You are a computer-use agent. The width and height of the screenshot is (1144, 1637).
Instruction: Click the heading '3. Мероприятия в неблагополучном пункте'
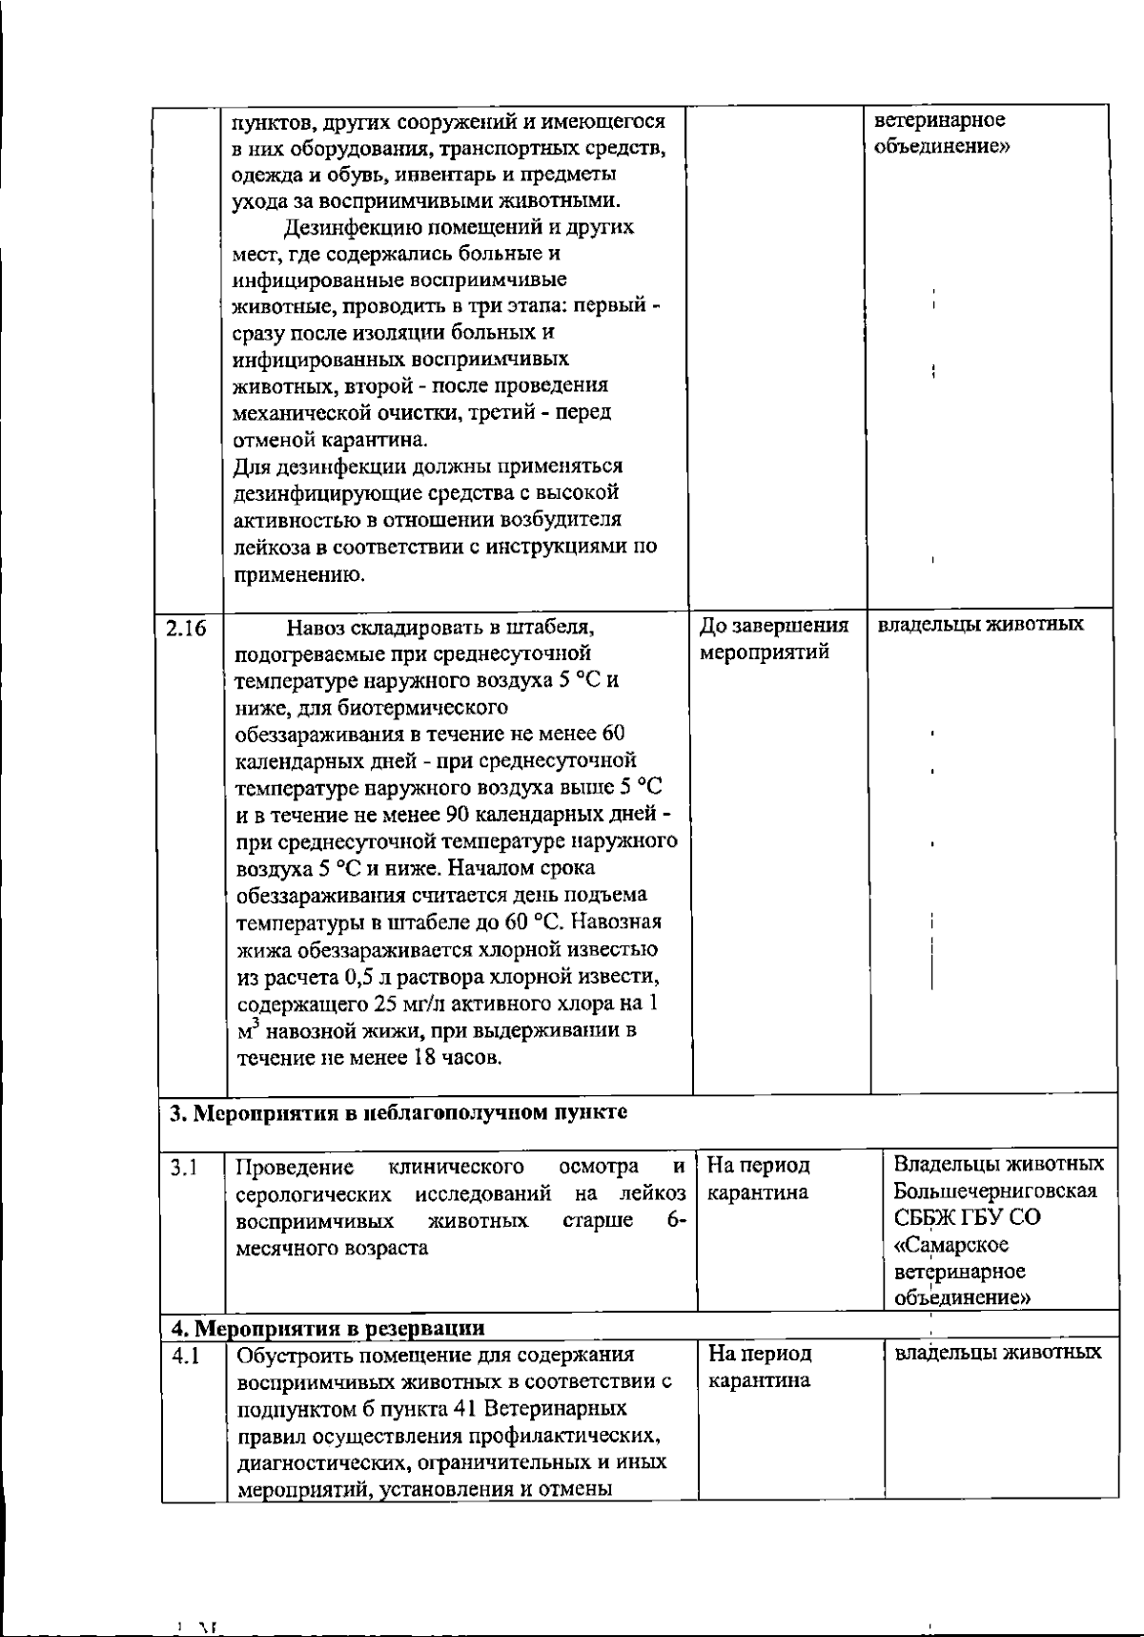pyautogui.click(x=398, y=1113)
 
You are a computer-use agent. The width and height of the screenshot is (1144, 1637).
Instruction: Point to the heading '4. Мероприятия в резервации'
pyautogui.click(x=327, y=1328)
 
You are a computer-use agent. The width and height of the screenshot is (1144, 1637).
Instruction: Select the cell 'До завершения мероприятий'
pyautogui.click(x=774, y=639)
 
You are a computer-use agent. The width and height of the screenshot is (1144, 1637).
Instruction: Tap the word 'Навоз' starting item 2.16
pyautogui.click(x=314, y=628)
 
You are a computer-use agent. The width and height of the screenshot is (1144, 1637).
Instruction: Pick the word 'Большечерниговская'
pyautogui.click(x=994, y=1191)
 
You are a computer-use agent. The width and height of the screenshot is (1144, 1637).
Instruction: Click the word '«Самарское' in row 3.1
pyautogui.click(x=951, y=1245)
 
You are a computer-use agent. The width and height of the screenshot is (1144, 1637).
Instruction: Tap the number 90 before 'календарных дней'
pyautogui.click(x=456, y=815)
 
